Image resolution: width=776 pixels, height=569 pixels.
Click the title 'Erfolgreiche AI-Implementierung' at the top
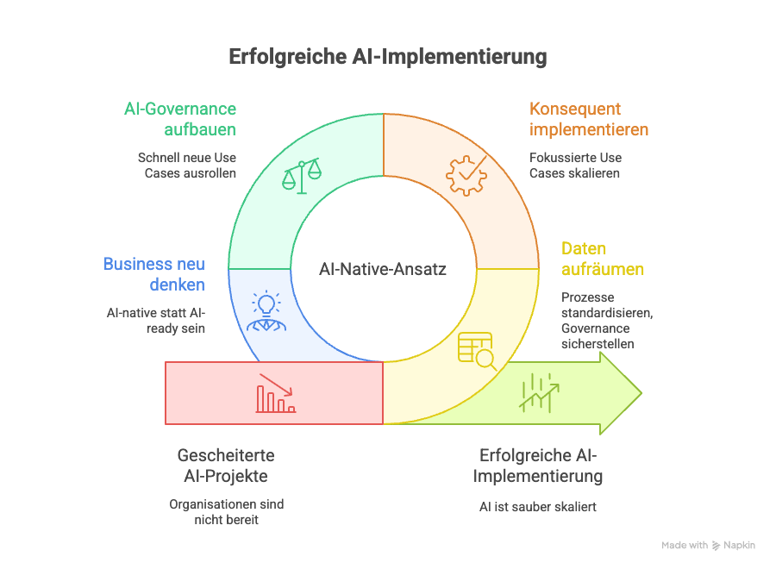387,57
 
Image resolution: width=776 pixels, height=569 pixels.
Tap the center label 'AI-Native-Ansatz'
383,269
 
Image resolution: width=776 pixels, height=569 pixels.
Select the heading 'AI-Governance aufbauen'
178,120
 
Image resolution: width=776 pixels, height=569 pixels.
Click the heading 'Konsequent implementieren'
588,120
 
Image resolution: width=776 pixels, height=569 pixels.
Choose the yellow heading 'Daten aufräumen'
602,259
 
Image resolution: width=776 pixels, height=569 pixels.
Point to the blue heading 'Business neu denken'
154,274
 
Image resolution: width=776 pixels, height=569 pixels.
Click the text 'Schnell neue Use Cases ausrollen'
187,166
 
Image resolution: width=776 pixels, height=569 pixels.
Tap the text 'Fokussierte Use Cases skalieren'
575,166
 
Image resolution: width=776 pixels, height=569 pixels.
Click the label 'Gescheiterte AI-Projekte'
226,466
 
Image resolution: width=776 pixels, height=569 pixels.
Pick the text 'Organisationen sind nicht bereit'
226,511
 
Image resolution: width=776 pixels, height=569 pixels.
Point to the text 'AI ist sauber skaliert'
538,507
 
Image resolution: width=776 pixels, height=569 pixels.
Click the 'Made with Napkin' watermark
708,546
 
